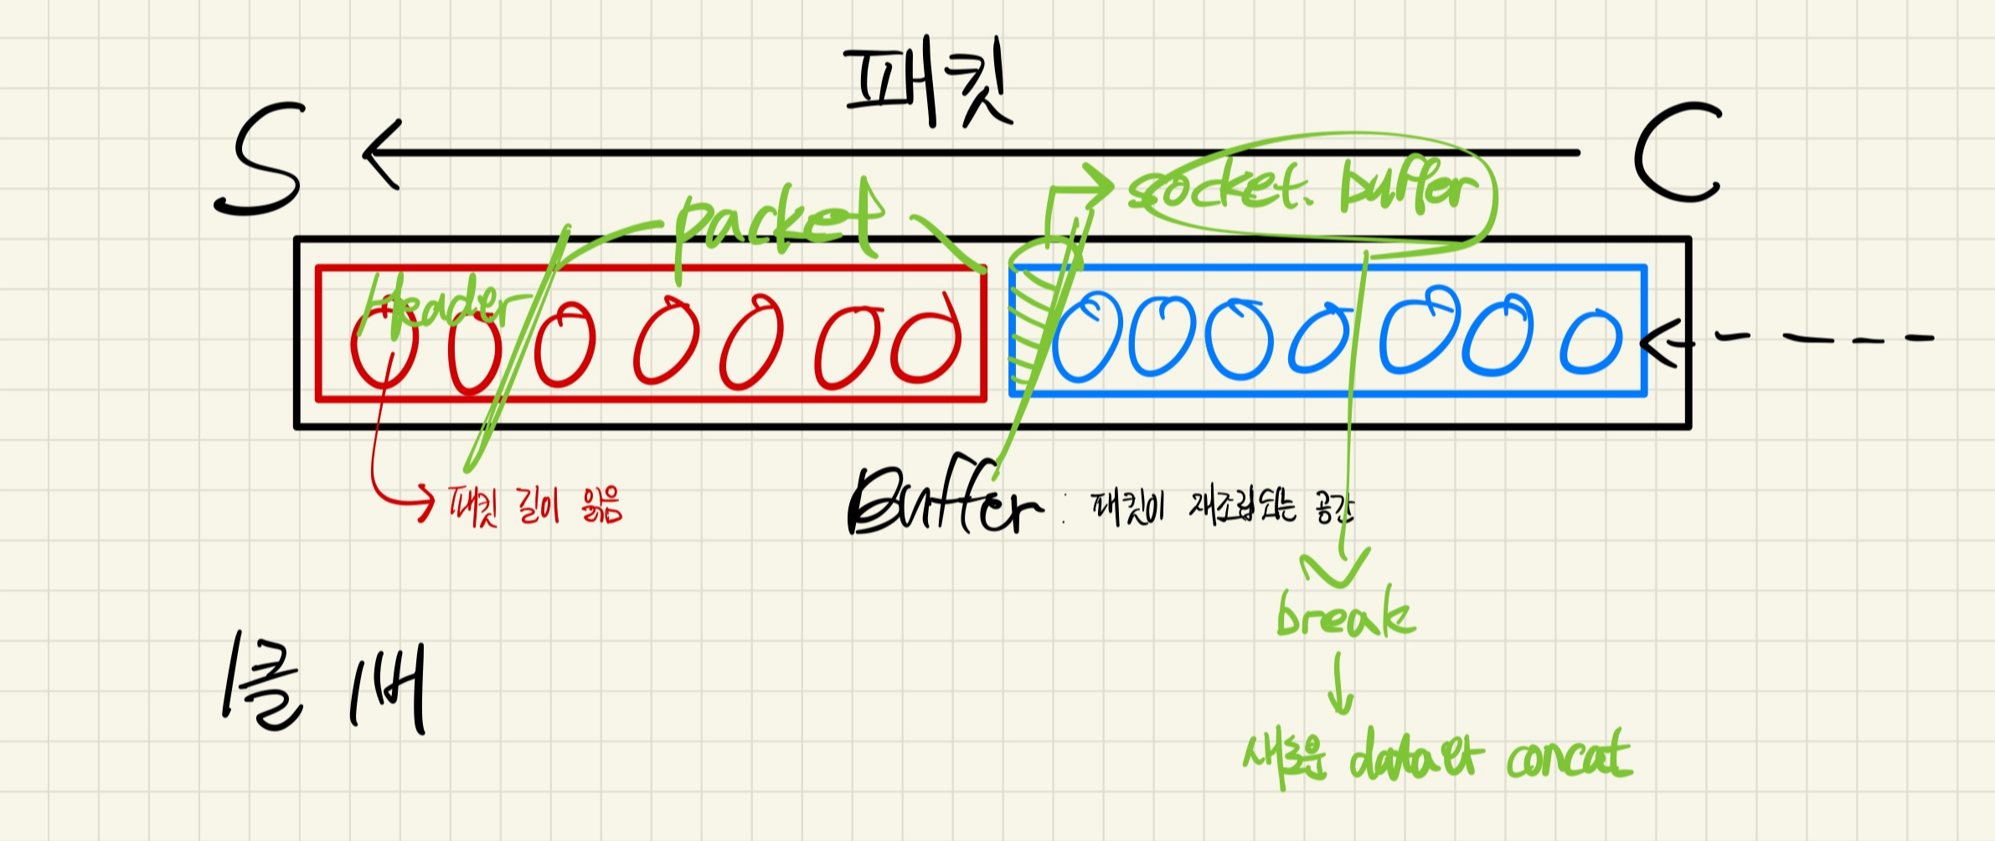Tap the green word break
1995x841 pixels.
[x=1345, y=616]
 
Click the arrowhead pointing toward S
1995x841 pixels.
[x=381, y=154]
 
